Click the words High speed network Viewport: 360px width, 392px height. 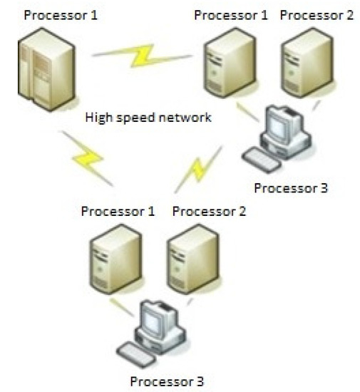[x=148, y=118]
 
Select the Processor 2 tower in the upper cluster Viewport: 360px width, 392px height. [x=307, y=63]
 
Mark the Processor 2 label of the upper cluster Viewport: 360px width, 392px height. [x=317, y=15]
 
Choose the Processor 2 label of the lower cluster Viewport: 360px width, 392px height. [x=210, y=212]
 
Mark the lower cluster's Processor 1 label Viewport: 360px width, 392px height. [x=118, y=212]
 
